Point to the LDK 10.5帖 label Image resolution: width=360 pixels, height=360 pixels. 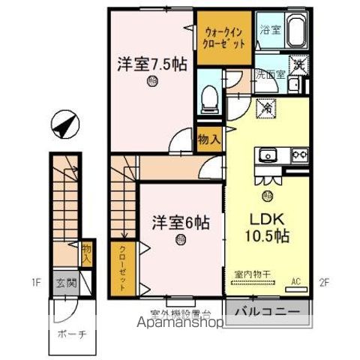(x=267, y=227)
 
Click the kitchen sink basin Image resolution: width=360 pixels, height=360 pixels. (x=268, y=156)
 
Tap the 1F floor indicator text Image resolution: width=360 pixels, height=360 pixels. (x=36, y=283)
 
